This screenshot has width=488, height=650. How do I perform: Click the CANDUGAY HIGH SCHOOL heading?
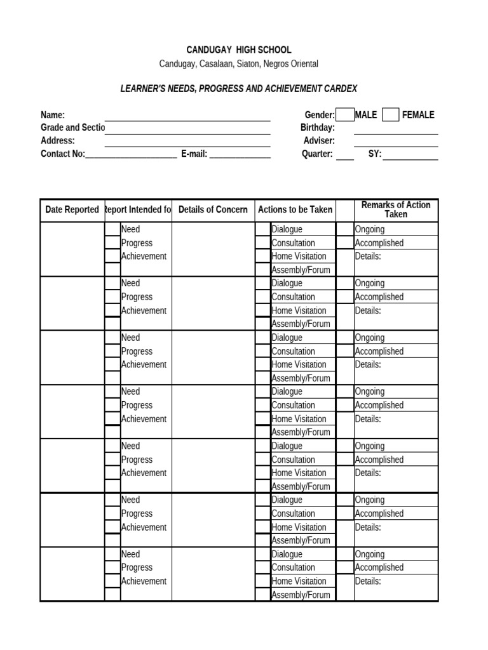click(239, 50)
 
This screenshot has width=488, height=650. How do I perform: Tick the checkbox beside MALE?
click(345, 115)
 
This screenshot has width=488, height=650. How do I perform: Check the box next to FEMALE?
click(391, 115)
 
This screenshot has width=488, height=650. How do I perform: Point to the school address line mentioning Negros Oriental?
click(239, 64)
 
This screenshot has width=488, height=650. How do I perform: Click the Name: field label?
click(53, 115)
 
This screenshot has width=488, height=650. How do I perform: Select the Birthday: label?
click(318, 128)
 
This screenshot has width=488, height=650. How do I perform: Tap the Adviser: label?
click(319, 141)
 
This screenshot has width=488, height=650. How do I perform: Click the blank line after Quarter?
click(345, 154)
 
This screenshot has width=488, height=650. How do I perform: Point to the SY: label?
click(375, 154)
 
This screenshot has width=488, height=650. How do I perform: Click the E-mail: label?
click(194, 154)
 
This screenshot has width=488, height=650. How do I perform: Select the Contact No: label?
click(63, 154)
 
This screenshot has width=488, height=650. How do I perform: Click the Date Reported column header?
click(72, 209)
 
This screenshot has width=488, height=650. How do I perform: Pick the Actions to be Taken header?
click(295, 209)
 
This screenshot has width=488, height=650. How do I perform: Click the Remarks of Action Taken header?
click(396, 209)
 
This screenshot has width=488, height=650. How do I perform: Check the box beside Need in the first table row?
click(112, 229)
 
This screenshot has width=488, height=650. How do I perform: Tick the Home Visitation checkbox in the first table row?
click(263, 256)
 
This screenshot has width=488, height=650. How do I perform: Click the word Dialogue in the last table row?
click(287, 554)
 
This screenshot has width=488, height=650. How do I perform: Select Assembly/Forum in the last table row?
click(301, 595)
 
